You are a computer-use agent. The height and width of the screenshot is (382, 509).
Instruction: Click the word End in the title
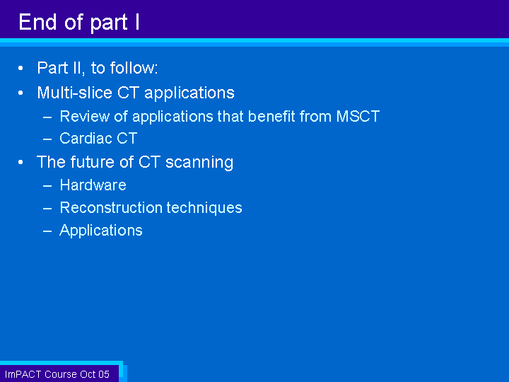pyautogui.click(x=37, y=22)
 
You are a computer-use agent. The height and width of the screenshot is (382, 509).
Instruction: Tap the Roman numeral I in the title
pyautogui.click(x=137, y=22)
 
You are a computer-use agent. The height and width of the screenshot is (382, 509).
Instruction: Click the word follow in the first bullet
pyautogui.click(x=134, y=68)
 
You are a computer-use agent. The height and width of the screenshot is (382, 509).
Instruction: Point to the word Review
pyautogui.click(x=84, y=116)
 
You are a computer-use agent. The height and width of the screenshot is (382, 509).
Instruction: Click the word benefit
pyautogui.click(x=271, y=116)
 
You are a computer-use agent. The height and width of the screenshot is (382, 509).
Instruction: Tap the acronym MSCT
pyautogui.click(x=358, y=116)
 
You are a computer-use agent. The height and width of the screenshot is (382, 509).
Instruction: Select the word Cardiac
pyautogui.click(x=86, y=139)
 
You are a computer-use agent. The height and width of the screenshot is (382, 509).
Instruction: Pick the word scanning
pyautogui.click(x=199, y=163)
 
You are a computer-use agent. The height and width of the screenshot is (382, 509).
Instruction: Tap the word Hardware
pyautogui.click(x=93, y=185)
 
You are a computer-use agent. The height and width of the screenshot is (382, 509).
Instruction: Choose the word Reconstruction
pyautogui.click(x=111, y=207)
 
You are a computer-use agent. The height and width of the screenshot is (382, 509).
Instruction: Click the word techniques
pyautogui.click(x=204, y=208)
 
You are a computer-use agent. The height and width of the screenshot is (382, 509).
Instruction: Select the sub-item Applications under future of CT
pyautogui.click(x=101, y=231)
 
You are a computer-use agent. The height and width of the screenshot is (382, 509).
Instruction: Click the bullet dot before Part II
pyautogui.click(x=21, y=68)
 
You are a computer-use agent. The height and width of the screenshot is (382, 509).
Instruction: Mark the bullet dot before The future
pyautogui.click(x=21, y=162)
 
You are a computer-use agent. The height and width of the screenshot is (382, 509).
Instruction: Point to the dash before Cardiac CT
pyautogui.click(x=47, y=139)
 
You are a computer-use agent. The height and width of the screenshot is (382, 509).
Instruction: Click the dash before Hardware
pyautogui.click(x=47, y=185)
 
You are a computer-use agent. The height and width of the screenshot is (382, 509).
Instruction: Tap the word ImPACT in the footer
pyautogui.click(x=23, y=374)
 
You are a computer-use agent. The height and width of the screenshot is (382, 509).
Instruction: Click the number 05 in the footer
pyautogui.click(x=104, y=374)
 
